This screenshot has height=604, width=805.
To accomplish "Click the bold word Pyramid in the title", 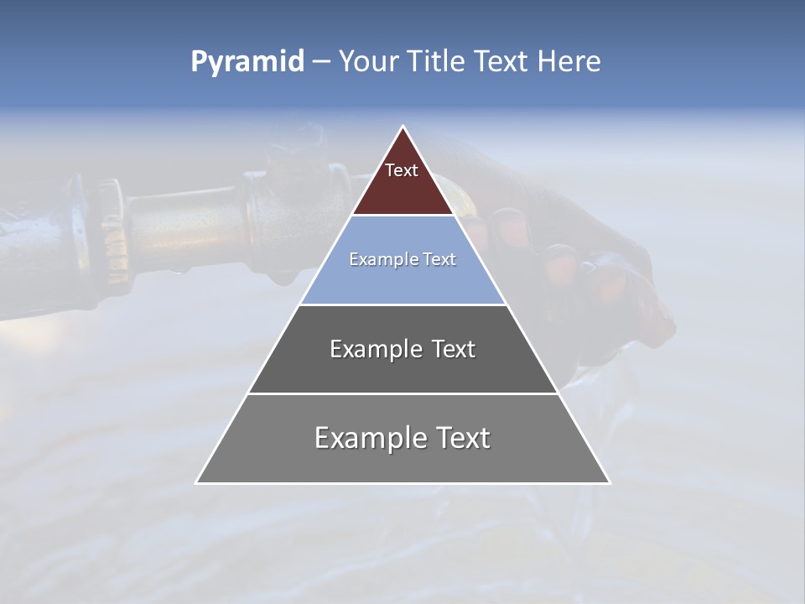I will (x=247, y=62).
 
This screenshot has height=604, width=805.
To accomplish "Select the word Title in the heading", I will (x=439, y=61).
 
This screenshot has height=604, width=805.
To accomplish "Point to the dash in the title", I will (x=321, y=62).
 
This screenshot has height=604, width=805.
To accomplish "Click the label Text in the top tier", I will (x=402, y=170).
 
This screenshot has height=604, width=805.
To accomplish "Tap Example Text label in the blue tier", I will (x=402, y=259).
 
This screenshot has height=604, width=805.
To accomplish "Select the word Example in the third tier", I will (x=374, y=349).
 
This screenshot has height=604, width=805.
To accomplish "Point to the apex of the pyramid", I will (x=402, y=127).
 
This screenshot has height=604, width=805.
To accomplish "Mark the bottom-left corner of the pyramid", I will (x=196, y=482).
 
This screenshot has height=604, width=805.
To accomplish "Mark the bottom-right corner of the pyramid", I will (x=610, y=482).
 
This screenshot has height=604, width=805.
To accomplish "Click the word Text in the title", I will (x=502, y=61).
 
